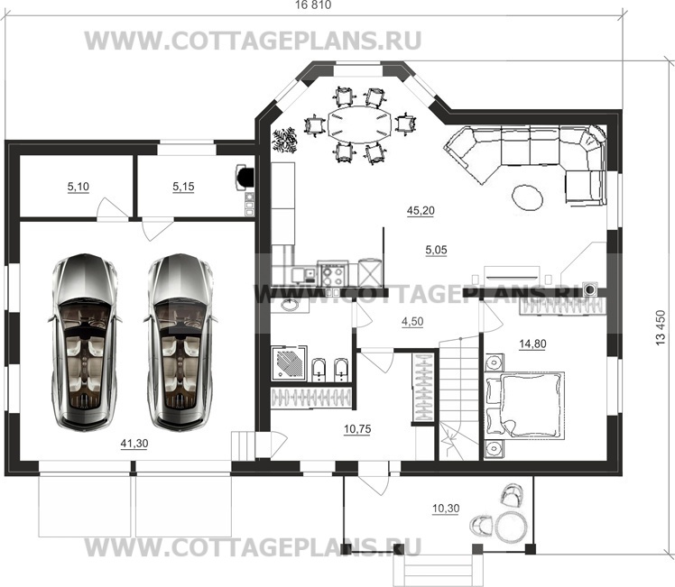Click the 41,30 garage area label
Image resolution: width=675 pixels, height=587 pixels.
[134, 444]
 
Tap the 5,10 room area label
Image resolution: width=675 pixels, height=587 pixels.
[78, 187]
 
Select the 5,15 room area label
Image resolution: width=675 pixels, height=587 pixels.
[183, 187]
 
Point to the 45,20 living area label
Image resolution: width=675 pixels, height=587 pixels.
[421, 211]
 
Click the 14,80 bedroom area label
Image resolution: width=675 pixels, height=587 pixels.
[533, 344]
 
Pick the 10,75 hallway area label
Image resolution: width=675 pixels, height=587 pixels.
[357, 428]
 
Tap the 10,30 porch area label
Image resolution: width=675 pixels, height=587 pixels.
[446, 509]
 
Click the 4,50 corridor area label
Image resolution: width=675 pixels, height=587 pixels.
[412, 322]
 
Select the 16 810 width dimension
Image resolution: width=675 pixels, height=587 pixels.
[313, 5]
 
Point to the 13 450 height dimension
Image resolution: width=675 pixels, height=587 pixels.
[660, 327]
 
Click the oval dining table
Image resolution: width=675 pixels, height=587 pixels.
[361, 124]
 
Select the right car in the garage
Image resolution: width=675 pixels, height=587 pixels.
[180, 343]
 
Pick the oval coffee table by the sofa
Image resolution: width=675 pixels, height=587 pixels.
[527, 197]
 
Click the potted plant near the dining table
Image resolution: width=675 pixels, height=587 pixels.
[284, 140]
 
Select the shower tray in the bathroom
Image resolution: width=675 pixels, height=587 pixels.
[290, 363]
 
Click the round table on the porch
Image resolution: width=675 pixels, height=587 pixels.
[511, 526]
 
